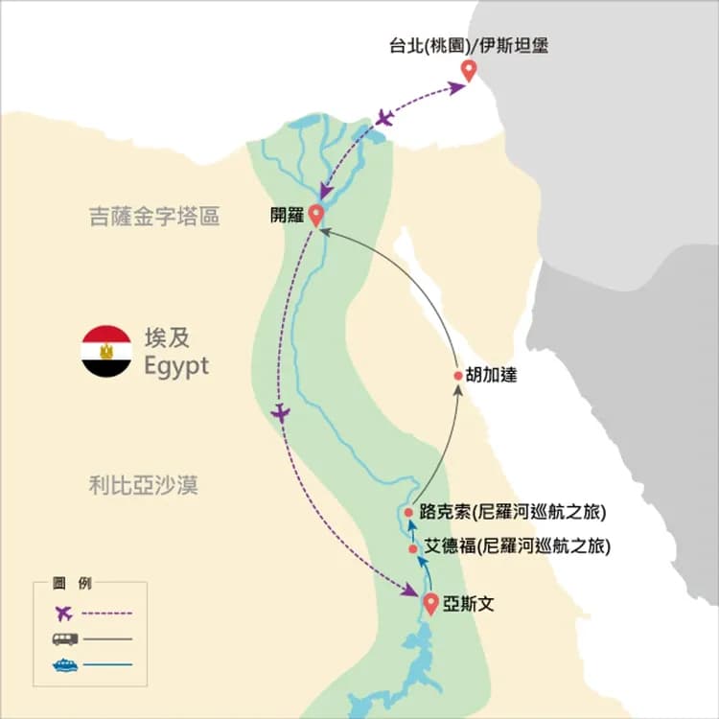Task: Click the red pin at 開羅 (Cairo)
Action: (x=315, y=215)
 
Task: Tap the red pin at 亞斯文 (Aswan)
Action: (x=431, y=603)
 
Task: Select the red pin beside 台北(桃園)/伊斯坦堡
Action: (x=468, y=70)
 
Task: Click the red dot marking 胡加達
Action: (x=457, y=377)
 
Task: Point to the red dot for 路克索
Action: (x=408, y=512)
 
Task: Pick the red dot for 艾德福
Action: (x=413, y=549)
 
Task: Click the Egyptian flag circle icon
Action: (x=106, y=351)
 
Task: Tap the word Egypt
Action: (x=175, y=366)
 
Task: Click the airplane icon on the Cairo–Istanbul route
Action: (x=385, y=118)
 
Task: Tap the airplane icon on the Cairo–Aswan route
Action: (x=280, y=413)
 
